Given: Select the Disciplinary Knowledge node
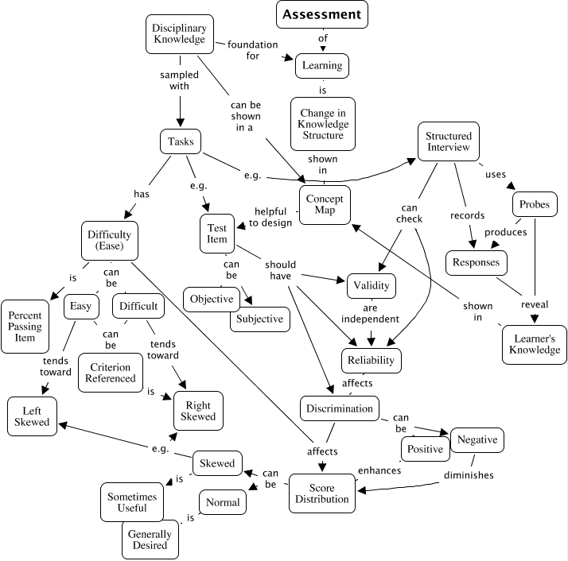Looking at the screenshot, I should point(179,32).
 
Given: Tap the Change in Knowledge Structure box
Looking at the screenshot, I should point(322,124).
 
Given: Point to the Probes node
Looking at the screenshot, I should point(534,204).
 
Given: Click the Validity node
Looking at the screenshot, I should point(370,285).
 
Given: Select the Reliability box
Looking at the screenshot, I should point(371,360).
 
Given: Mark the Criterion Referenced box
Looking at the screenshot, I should point(111,372).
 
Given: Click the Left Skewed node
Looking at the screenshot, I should point(32,416).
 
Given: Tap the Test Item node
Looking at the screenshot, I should point(217,232).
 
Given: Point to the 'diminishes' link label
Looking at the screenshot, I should point(470,475).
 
